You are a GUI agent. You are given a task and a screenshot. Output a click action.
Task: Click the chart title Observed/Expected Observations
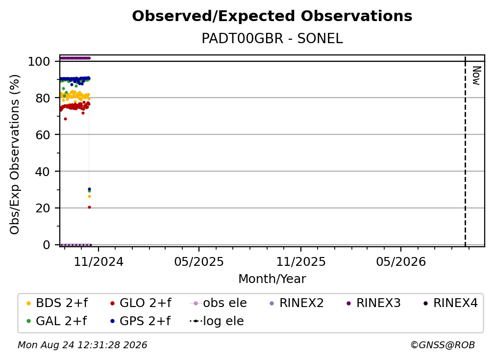pos(272,16)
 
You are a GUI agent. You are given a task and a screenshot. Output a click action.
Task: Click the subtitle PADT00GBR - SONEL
pos(272,38)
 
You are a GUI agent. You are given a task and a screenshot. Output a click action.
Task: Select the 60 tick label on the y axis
pos(43,134)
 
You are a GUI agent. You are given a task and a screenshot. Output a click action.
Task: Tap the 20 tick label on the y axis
pos(43,208)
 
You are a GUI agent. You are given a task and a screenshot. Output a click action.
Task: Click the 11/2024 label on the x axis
pos(99,261)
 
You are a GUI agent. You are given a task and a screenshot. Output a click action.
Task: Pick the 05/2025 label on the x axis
pos(199,261)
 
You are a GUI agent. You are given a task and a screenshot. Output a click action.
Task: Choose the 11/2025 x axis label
pos(301,261)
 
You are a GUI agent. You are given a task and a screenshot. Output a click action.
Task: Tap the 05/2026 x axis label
pos(401,261)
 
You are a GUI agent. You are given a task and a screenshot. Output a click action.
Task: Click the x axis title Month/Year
pos(272,279)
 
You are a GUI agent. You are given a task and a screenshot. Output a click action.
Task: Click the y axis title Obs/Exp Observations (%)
pos(15,154)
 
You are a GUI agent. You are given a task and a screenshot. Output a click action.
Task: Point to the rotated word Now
pos(476,76)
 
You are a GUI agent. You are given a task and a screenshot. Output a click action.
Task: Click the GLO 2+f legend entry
pos(141,303)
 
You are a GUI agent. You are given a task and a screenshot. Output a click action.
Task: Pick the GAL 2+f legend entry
pos(56,321)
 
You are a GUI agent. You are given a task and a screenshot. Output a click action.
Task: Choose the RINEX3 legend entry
pos(373,303)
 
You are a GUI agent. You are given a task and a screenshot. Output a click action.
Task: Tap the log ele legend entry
pos(217,321)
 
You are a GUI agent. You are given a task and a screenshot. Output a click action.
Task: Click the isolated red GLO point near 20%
pos(89,207)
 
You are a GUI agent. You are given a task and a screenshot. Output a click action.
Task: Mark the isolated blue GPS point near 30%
pos(89,189)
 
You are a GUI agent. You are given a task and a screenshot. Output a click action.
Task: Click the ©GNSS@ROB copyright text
pos(443,345)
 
